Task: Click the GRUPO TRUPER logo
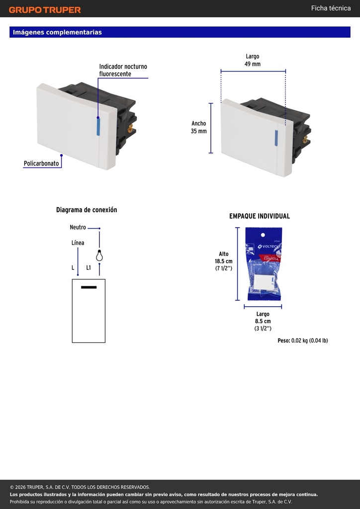(x=45, y=10)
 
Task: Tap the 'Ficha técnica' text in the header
(x=331, y=8)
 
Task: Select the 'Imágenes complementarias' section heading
(x=57, y=32)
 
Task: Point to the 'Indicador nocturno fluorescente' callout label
(x=123, y=70)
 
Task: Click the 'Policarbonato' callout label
(x=41, y=163)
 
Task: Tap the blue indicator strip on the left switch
(x=98, y=127)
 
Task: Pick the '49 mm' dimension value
(x=253, y=64)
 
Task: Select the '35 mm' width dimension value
(x=199, y=131)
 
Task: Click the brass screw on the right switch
(x=305, y=140)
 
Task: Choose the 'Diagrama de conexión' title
(x=87, y=210)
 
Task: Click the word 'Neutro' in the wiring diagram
(x=78, y=227)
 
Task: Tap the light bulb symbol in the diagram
(x=99, y=256)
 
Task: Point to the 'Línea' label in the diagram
(x=78, y=243)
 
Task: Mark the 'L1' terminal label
(x=89, y=268)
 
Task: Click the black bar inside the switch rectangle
(x=89, y=287)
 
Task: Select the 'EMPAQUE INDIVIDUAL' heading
(x=260, y=216)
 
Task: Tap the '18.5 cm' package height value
(x=224, y=261)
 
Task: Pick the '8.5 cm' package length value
(x=263, y=322)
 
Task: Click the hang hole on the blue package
(x=263, y=235)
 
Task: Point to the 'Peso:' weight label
(x=284, y=340)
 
